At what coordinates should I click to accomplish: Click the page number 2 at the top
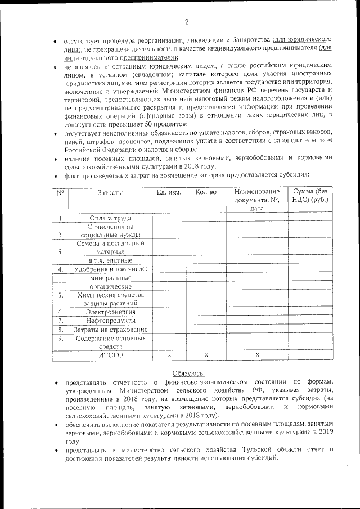186,22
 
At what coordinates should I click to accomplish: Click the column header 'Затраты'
110,192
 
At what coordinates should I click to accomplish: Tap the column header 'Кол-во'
205,192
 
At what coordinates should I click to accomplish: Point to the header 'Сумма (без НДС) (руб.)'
310,196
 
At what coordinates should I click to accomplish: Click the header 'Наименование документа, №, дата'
257,200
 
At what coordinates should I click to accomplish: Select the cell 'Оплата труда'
110,218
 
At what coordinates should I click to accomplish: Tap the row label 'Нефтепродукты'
110,321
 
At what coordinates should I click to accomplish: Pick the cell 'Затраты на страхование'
110,330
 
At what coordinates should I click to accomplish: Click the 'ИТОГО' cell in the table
110,355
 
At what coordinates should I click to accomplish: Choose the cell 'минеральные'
110,278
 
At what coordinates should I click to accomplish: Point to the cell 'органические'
110,286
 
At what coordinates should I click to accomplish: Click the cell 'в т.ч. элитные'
110,261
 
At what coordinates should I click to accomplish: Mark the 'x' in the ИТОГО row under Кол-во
206,355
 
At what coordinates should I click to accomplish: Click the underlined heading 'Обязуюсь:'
188,373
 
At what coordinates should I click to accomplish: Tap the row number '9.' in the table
60,339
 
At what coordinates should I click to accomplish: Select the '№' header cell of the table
60,192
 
